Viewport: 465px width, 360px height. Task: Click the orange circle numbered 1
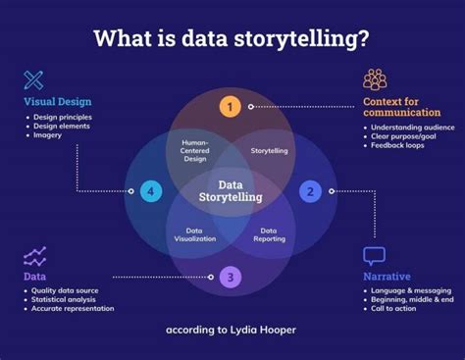(x=230, y=106)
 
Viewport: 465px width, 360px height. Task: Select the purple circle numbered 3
(x=229, y=277)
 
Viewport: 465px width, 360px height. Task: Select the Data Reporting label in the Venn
(x=274, y=234)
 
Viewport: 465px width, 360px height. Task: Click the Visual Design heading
(x=57, y=101)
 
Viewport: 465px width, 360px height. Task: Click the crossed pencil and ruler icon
(x=34, y=80)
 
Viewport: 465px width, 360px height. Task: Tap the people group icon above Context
(x=375, y=80)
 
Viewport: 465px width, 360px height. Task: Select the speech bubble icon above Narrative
(x=375, y=256)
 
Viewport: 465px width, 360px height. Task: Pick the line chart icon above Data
(x=34, y=257)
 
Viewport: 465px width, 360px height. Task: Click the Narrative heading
(x=387, y=277)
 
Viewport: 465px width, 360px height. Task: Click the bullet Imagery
(x=47, y=135)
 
